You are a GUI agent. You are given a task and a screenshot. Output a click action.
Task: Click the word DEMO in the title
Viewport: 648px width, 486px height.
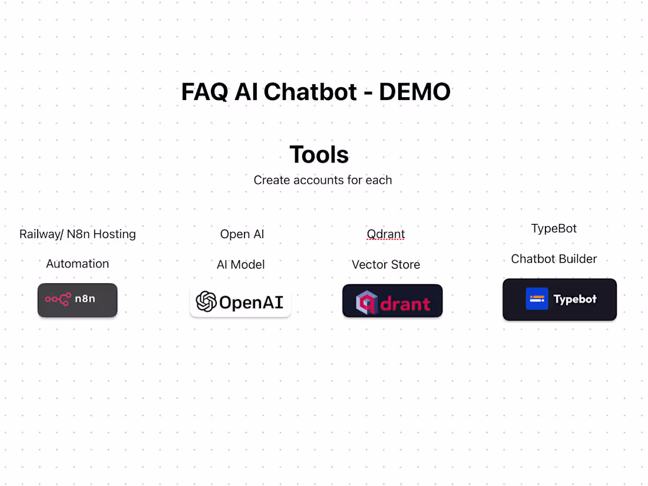click(415, 92)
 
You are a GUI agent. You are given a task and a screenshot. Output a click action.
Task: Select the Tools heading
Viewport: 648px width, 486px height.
click(319, 154)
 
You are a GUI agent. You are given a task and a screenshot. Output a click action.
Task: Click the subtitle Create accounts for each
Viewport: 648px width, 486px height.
click(323, 180)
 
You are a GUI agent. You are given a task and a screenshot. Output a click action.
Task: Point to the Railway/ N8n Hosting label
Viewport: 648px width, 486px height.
click(78, 234)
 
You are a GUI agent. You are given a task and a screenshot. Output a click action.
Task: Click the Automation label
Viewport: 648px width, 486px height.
click(78, 264)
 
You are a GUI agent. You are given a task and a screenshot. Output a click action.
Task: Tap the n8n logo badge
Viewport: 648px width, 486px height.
click(78, 300)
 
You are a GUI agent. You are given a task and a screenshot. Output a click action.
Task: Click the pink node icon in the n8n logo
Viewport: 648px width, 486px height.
click(58, 299)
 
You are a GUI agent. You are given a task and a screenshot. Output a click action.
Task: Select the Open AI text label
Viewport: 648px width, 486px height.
click(242, 234)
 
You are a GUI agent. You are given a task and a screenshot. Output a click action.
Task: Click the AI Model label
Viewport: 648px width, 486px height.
click(241, 265)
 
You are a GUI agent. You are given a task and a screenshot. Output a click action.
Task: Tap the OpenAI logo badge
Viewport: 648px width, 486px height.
click(240, 302)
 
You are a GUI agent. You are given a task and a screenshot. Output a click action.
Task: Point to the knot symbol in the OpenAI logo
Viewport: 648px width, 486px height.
click(206, 302)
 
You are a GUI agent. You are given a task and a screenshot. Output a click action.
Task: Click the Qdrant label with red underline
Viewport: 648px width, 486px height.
click(386, 234)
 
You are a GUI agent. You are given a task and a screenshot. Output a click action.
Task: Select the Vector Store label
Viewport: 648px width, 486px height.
click(386, 265)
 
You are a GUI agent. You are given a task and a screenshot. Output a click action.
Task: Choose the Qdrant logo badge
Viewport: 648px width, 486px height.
click(392, 301)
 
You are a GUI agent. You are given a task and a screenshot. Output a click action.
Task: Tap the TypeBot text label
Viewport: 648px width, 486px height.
click(554, 229)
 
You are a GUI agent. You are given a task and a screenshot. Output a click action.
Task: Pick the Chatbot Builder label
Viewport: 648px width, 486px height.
click(554, 259)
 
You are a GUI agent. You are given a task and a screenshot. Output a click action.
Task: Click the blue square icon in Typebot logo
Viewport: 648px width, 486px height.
click(537, 299)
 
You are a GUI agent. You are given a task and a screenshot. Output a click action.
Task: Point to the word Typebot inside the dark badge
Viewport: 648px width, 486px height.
click(575, 299)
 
